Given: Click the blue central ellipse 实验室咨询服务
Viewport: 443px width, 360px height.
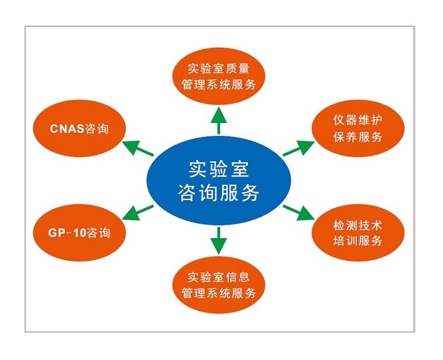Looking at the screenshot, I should [219, 179].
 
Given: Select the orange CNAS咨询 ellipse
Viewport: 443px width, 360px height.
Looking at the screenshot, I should [80, 130].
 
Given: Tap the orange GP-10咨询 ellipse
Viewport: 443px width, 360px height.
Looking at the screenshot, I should [80, 232].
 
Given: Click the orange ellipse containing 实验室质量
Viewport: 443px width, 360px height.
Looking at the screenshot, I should [219, 77].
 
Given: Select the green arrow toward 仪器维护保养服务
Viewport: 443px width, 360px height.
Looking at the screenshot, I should [299, 148].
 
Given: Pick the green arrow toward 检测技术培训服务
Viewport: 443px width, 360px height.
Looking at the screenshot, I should [299, 212].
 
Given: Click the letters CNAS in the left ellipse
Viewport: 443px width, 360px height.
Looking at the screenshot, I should [65, 130].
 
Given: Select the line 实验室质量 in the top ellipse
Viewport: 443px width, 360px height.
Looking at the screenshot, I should [219, 70].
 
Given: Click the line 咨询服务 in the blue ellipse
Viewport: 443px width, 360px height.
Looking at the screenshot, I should [219, 193].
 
